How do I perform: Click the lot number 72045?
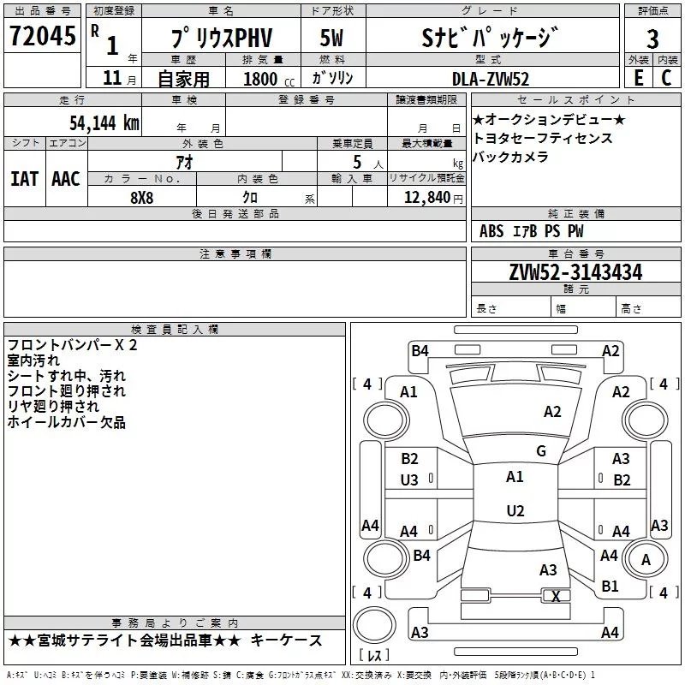tap(41, 37)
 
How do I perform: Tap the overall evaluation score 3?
tap(652, 39)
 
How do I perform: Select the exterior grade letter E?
tap(638, 78)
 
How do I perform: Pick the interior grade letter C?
tap(666, 78)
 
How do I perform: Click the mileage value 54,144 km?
tap(104, 122)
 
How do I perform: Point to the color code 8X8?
tap(142, 196)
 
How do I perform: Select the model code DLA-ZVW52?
tap(491, 79)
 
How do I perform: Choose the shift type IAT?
tap(25, 178)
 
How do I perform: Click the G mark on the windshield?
tap(540, 450)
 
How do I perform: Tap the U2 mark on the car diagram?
tap(515, 510)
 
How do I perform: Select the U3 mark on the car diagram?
tap(409, 480)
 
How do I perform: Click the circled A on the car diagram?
tap(646, 559)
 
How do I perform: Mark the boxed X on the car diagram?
tap(556, 596)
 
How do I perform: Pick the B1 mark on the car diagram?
tap(610, 587)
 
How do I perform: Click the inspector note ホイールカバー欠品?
tap(66, 421)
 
